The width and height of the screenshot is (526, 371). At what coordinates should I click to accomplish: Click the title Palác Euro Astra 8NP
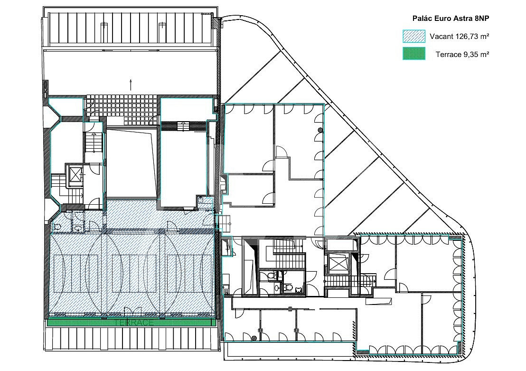pos(451,19)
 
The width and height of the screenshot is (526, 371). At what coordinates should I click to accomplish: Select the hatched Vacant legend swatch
pos(414,36)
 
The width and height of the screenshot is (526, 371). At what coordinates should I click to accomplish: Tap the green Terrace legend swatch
pos(414,54)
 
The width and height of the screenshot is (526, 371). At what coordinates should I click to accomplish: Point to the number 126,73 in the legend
pos(466,37)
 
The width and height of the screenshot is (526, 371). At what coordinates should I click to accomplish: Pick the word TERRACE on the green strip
pos(134,323)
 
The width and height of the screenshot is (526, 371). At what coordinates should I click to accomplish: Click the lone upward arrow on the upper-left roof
pos(131,85)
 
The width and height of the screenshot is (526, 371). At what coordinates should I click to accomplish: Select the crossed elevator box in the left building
pos(75,173)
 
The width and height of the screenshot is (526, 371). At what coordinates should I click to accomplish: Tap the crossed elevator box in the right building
pos(337,260)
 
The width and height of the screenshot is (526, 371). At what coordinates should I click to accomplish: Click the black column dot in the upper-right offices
pos(320,130)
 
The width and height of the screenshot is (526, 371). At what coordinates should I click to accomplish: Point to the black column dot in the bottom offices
pos(254,338)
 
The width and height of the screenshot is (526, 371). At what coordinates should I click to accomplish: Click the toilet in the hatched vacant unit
pos(56,227)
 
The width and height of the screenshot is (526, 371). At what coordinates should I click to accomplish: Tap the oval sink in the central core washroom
pos(276,287)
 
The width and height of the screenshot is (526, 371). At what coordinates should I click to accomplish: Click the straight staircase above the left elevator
pos(93,143)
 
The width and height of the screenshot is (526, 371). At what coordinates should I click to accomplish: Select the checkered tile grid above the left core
pos(122,106)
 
